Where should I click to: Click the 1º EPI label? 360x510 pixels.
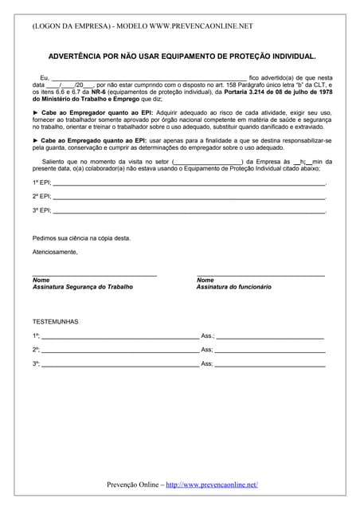point(41,182)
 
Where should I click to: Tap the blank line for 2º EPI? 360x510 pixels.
point(190,197)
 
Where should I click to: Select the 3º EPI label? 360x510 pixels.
point(41,210)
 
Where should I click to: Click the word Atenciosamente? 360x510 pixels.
point(55,252)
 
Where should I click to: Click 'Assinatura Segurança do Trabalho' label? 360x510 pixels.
point(83,287)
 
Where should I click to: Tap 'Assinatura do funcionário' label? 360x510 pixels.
point(234,287)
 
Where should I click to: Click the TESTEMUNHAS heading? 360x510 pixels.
point(55,321)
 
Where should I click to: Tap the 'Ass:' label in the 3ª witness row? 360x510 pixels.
point(206,364)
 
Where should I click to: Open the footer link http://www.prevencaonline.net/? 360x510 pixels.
point(212,484)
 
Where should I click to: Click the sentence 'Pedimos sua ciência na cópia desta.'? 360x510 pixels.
point(81,237)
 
